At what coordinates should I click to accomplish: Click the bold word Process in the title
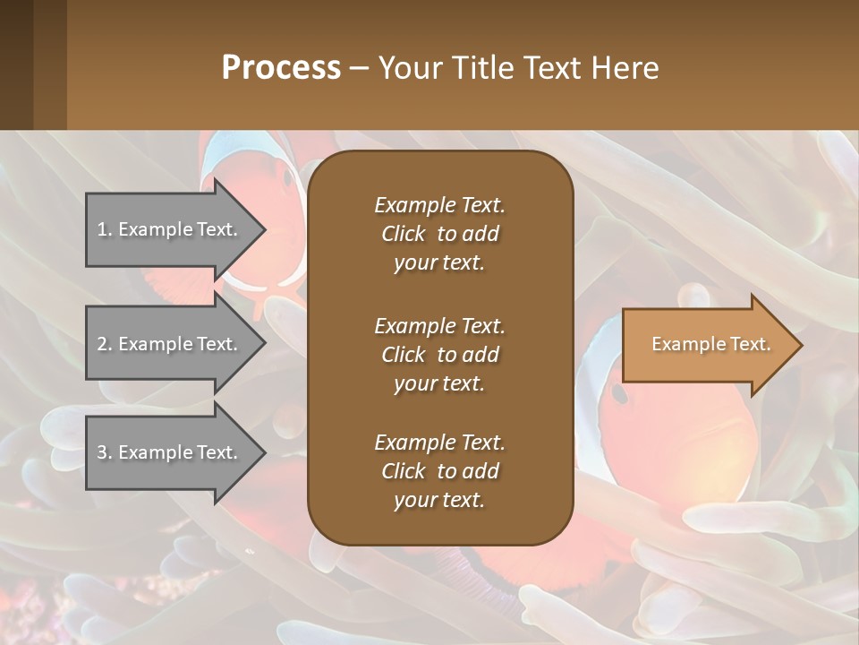tap(281, 68)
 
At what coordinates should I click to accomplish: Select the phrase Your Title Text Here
tap(519, 68)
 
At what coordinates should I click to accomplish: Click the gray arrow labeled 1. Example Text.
tap(170, 229)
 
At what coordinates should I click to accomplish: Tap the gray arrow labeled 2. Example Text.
tap(170, 344)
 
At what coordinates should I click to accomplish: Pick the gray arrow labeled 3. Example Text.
tap(170, 452)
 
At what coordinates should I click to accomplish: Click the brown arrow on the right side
tap(707, 345)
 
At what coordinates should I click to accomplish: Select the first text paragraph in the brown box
tap(439, 234)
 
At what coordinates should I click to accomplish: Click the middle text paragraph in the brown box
tap(439, 354)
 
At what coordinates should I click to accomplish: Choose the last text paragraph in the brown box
tap(439, 471)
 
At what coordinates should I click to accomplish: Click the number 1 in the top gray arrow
tap(102, 229)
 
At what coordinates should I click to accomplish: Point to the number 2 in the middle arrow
tap(102, 344)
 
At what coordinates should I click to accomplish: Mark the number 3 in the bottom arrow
tap(102, 452)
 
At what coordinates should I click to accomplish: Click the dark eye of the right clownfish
tap(619, 391)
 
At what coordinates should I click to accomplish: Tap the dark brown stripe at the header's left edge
tap(16, 64)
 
